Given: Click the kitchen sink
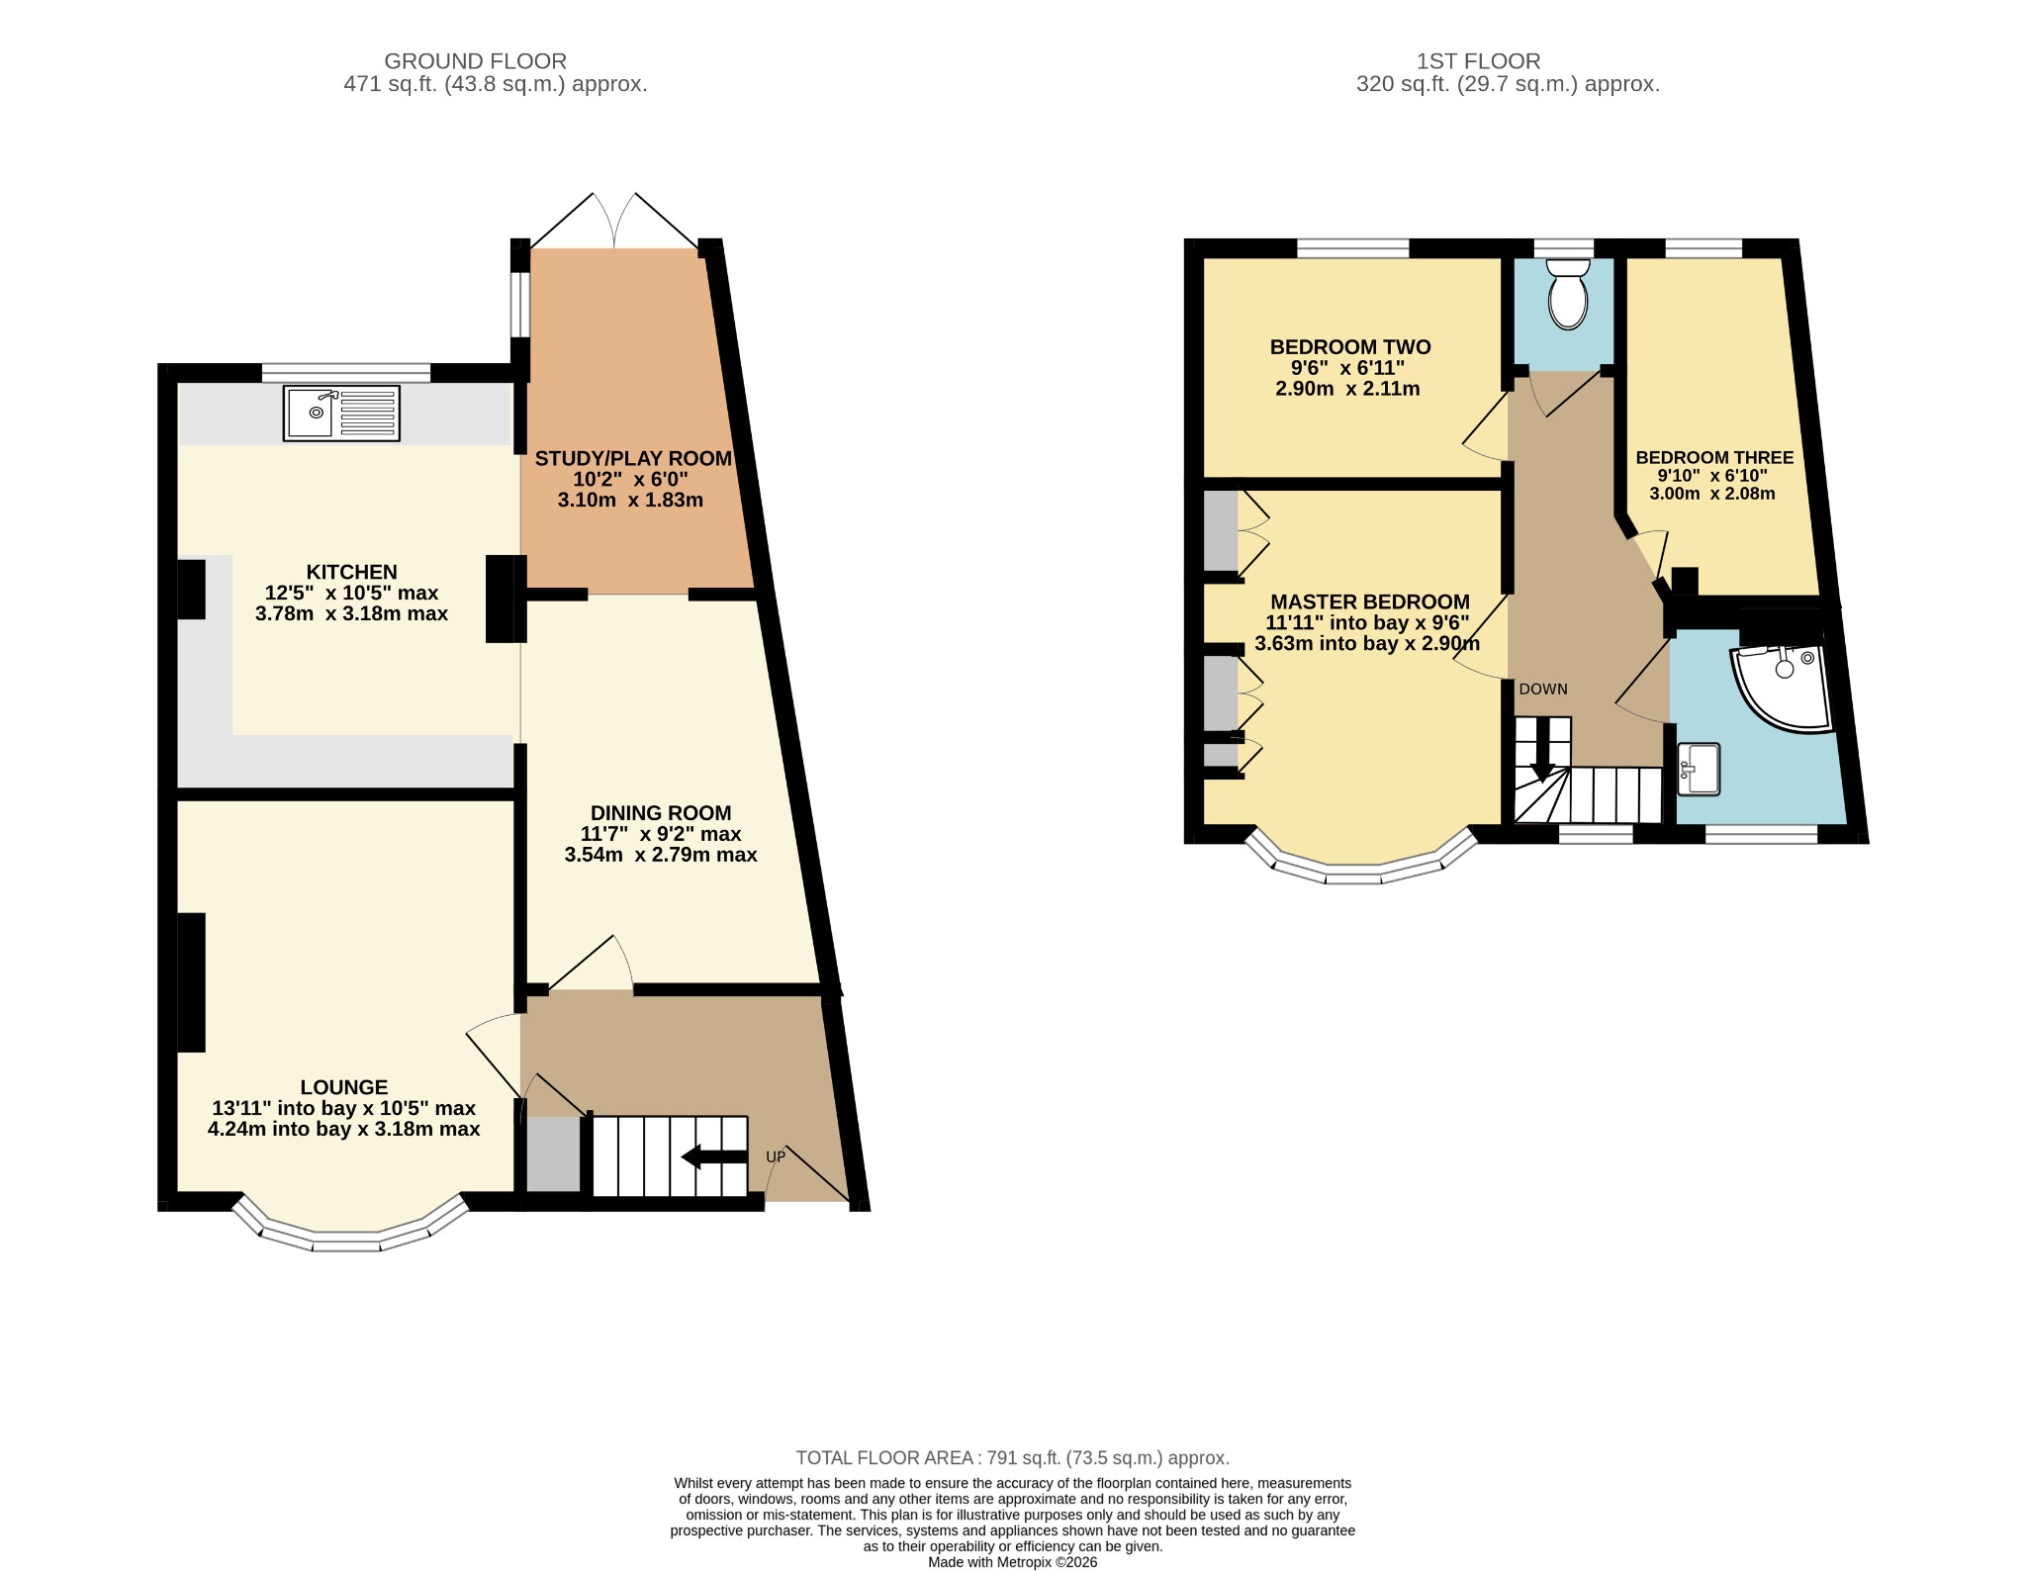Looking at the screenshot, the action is click(341, 413).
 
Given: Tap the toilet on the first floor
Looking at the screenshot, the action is click(1567, 294).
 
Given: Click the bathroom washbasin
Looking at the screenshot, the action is click(1699, 770).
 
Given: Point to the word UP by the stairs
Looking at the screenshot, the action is click(776, 1156).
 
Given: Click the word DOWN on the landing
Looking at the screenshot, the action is click(1543, 689).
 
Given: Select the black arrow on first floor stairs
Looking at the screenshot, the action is click(1542, 749).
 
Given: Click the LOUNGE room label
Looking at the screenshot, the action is click(344, 1086).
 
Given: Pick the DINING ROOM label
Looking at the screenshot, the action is click(661, 812).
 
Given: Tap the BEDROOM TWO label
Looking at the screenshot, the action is click(1350, 347).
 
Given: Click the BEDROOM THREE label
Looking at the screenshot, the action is click(1714, 457).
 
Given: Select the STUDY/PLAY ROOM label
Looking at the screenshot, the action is click(633, 458).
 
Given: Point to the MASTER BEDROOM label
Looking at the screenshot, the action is click(1370, 601).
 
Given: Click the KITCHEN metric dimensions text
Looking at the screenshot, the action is click(351, 613).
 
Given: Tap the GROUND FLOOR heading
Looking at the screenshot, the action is click(475, 61).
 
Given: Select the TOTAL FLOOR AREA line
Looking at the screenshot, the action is click(1013, 1457).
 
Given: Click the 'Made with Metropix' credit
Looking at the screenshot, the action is click(1013, 1562).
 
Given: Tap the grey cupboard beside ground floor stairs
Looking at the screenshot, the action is click(552, 1155).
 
